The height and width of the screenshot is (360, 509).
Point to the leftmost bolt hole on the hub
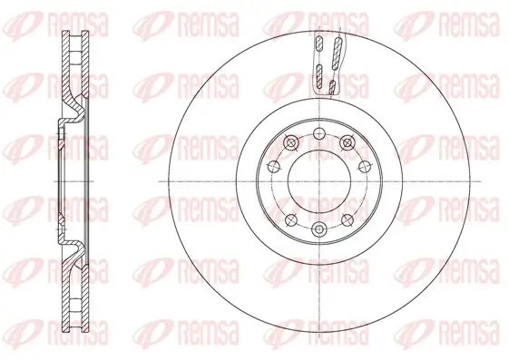[275, 166]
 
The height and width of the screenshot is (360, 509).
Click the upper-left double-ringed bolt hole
[289, 142]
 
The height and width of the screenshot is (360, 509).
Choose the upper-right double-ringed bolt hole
[346, 142]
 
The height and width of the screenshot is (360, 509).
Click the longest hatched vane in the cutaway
[335, 55]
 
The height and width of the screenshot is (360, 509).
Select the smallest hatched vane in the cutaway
[332, 87]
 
